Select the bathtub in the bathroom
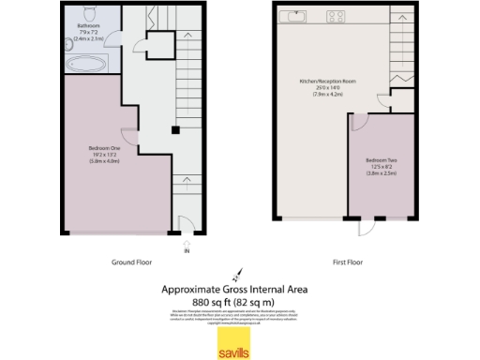click(x=86, y=64)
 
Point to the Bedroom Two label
click(x=382, y=161)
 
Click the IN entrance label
click(x=187, y=250)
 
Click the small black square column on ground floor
click(x=173, y=131)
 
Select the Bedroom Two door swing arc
click(x=357, y=121)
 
